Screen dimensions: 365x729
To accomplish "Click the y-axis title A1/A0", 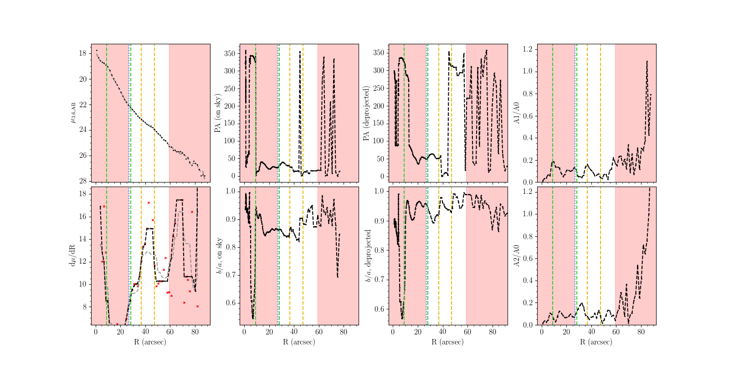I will click(517, 113).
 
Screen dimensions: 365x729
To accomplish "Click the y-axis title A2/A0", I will click(517, 255).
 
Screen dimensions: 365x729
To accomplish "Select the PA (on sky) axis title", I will click(218, 113).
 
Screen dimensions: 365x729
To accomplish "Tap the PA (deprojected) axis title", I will click(366, 113).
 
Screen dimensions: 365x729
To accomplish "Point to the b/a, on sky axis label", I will click(219, 255).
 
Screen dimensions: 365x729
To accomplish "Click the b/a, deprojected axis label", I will click(368, 255).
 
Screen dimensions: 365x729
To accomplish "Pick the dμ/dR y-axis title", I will click(72, 255).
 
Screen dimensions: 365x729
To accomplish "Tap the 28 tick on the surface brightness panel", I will click(82, 181).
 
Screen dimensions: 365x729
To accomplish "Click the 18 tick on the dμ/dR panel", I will click(82, 194).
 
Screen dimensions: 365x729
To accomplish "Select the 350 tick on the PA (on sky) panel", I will click(230, 54).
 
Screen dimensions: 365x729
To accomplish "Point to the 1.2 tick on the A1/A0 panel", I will click(528, 49).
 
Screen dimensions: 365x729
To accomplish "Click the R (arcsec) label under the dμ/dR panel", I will click(150, 342).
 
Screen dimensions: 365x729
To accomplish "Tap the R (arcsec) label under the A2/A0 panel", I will click(596, 342).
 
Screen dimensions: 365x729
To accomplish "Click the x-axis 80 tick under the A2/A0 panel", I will click(641, 332).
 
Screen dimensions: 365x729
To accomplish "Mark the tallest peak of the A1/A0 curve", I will click(647, 61).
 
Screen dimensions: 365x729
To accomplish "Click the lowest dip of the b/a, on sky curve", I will click(253, 318).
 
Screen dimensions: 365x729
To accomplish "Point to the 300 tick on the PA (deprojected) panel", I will click(379, 71).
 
